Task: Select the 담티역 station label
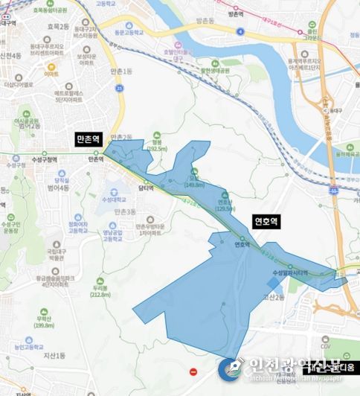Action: pos(147,189)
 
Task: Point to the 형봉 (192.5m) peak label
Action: pos(156,147)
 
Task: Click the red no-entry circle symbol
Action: pos(194,371)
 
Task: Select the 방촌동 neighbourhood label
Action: pos(236,13)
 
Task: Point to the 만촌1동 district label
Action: pos(119,70)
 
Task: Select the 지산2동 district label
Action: pos(273,297)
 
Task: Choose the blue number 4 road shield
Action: pos(242,31)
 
